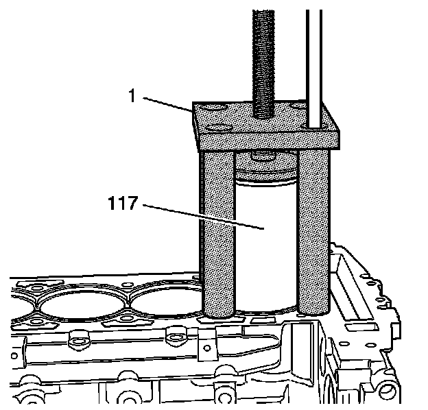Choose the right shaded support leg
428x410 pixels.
tap(313, 233)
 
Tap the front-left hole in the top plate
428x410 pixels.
tap(219, 128)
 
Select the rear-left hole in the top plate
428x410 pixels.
tap(209, 108)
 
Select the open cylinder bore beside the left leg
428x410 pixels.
tap(165, 302)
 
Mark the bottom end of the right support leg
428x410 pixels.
tap(313, 310)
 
